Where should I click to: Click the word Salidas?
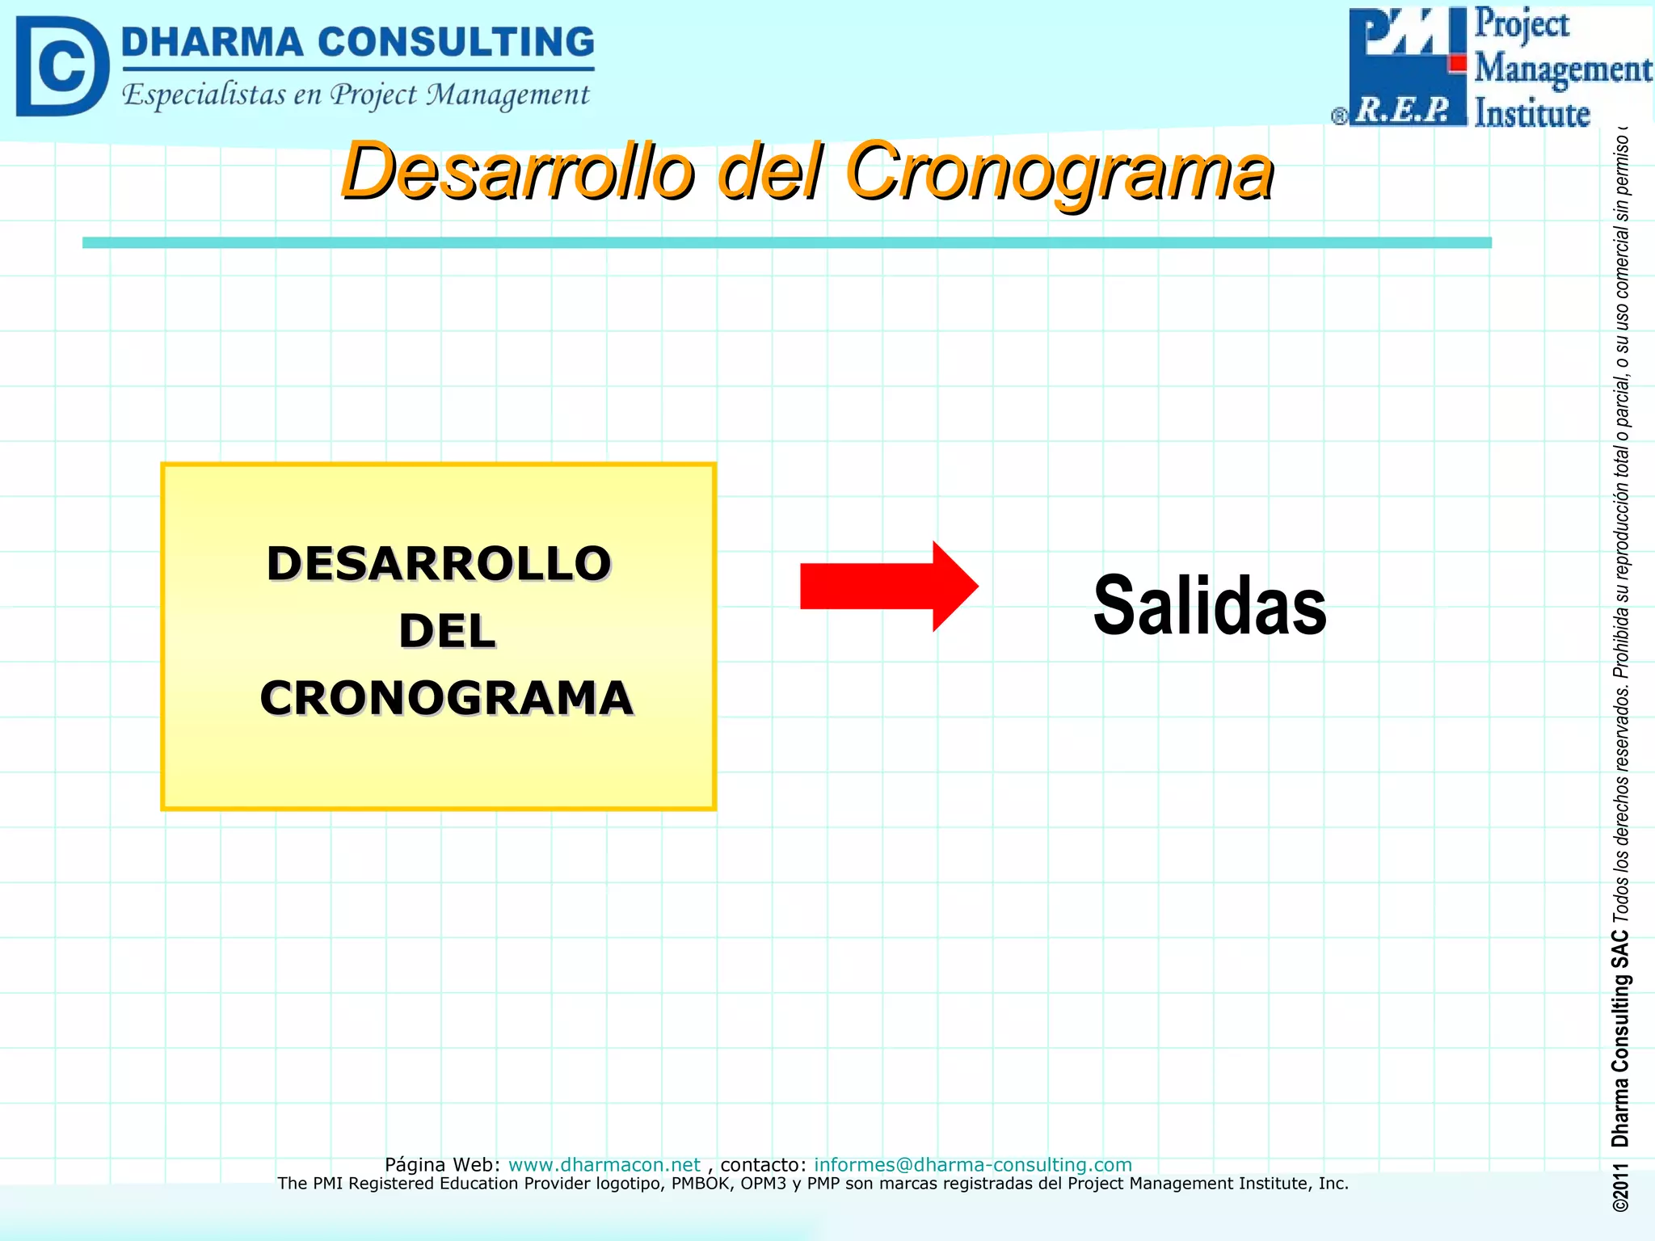tap(1209, 605)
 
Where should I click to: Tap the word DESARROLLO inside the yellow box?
tap(438, 563)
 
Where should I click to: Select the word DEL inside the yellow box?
tap(447, 631)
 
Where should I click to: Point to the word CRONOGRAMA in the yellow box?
tap(446, 698)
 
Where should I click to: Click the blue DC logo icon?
tap(61, 66)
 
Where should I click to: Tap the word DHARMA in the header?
tap(212, 42)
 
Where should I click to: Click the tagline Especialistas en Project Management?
tap(356, 95)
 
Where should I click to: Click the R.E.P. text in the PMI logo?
tap(1403, 109)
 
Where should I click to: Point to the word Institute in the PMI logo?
tap(1531, 113)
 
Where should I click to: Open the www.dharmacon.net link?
tap(604, 1164)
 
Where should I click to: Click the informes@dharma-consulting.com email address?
tap(972, 1164)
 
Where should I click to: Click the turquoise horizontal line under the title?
tap(786, 242)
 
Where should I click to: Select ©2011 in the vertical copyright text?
tap(1620, 1188)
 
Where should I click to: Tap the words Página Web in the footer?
tap(442, 1164)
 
